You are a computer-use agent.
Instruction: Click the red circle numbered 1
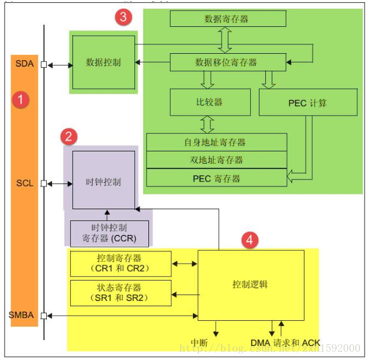pyautogui.click(x=21, y=99)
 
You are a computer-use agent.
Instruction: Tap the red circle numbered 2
pyautogui.click(x=69, y=137)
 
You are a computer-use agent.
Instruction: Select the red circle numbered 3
pyautogui.click(x=123, y=17)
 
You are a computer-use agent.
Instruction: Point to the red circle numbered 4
pyautogui.click(x=250, y=240)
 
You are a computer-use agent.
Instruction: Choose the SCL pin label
pyautogui.click(x=25, y=183)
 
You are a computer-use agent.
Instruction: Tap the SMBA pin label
pyautogui.click(x=21, y=316)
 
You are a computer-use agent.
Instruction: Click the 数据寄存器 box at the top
pyautogui.click(x=227, y=19)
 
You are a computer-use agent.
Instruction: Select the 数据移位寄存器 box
pyautogui.click(x=227, y=61)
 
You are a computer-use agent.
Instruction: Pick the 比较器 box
pyautogui.click(x=209, y=102)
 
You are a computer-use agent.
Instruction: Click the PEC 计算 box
pyautogui.click(x=307, y=103)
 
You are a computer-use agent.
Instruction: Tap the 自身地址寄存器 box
pyautogui.click(x=216, y=142)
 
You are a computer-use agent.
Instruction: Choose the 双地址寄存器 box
pyautogui.click(x=216, y=160)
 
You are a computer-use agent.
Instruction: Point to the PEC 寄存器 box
pyautogui.click(x=216, y=178)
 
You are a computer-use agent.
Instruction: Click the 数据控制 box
pyautogui.click(x=103, y=62)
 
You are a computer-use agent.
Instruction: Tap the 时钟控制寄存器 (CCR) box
pyautogui.click(x=109, y=233)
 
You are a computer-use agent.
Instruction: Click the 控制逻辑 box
pyautogui.click(x=250, y=285)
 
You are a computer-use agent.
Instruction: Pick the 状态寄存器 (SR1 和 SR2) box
pyautogui.click(x=120, y=292)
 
